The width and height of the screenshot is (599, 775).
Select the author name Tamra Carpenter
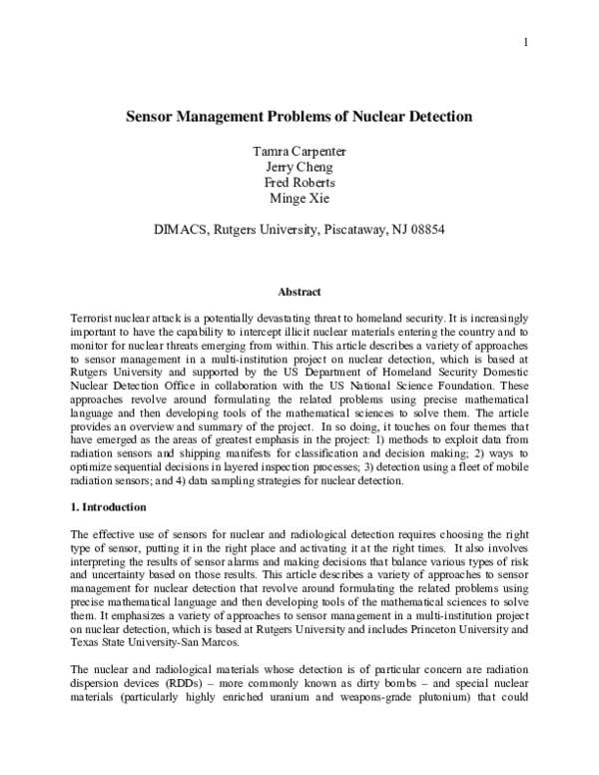click(x=299, y=151)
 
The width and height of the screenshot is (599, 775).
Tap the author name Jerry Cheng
click(x=299, y=168)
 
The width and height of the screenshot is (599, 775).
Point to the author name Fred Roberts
click(x=299, y=185)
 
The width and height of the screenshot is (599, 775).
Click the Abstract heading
click(x=299, y=292)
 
